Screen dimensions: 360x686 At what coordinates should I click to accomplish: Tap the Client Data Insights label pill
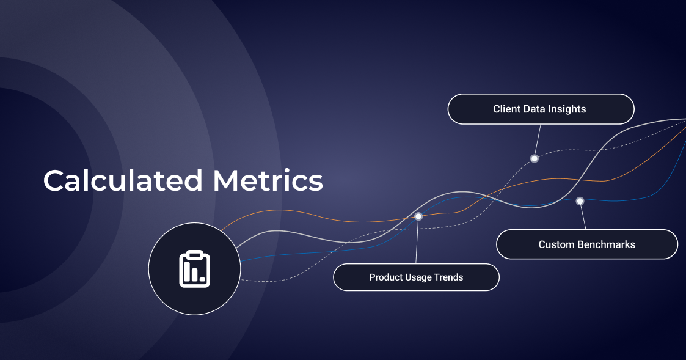point(541,109)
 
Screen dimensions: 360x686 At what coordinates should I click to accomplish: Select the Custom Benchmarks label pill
point(586,244)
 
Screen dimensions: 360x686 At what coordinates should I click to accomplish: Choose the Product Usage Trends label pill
point(416,277)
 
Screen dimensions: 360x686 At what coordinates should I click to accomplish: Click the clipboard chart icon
point(194,269)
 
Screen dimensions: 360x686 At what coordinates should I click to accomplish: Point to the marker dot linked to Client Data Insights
point(534,158)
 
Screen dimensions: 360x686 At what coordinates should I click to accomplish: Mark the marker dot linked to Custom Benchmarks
point(580,200)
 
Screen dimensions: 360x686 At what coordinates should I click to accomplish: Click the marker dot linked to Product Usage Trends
point(418,216)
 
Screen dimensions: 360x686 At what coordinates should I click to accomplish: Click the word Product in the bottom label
point(385,277)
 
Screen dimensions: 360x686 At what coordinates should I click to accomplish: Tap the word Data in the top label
point(535,109)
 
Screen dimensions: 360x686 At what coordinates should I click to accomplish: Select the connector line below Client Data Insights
point(538,141)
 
